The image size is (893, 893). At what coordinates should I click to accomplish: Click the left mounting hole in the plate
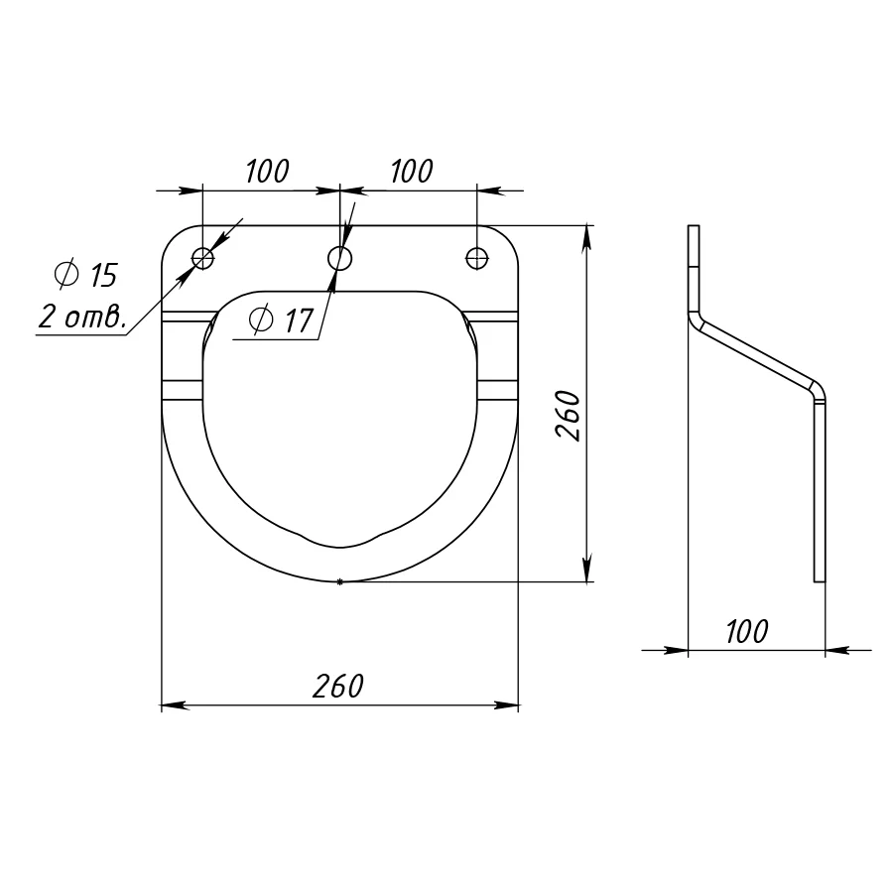pos(202,259)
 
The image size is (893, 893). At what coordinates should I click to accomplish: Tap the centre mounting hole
pos(340,259)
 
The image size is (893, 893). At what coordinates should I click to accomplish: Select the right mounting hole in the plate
pos(477,259)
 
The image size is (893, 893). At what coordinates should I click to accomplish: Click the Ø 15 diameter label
pos(86,275)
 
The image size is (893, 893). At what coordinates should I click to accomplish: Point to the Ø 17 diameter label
pos(282,319)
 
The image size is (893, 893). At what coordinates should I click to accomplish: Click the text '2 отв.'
pos(82,317)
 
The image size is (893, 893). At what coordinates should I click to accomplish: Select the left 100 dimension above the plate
pos(267,171)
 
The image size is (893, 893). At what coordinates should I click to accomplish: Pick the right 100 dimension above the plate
pos(412,171)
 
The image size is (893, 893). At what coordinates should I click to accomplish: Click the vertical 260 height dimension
pos(568,415)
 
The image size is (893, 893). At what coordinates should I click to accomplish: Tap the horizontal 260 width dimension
pos(337,686)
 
